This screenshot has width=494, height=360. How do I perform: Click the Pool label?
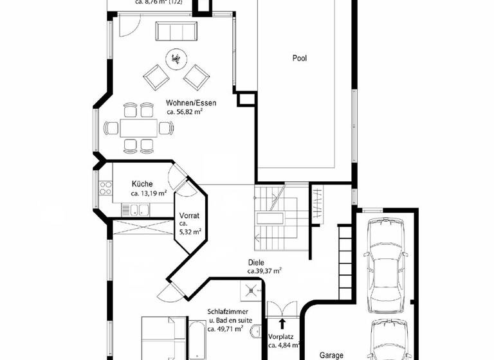coord(300,58)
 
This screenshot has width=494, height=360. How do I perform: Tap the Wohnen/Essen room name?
coord(191,103)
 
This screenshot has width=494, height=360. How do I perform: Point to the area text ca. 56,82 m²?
coord(185,112)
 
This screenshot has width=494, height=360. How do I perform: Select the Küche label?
coord(142,184)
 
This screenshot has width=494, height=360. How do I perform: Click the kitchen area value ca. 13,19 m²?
coord(149,193)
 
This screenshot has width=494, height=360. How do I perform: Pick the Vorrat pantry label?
coord(190,216)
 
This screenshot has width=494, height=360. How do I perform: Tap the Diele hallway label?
coord(256,263)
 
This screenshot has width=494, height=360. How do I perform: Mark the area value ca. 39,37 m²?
coord(266,271)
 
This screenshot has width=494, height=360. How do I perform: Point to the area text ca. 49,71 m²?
coord(221,329)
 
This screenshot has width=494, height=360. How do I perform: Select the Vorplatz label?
coord(281,337)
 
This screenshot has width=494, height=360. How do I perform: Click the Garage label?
coord(333,354)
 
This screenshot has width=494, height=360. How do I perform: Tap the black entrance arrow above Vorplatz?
coord(282,323)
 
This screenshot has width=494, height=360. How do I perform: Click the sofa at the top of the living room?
coord(176,30)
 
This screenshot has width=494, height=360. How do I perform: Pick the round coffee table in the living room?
coord(175,59)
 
